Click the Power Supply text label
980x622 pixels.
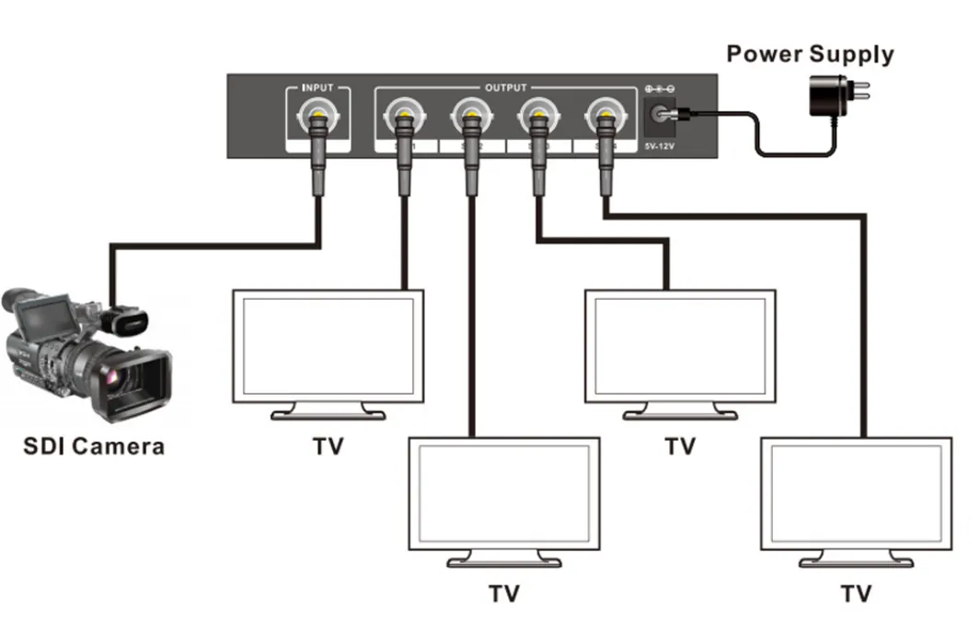click(x=810, y=53)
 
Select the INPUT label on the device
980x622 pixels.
click(x=318, y=87)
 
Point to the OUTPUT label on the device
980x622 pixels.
click(x=505, y=87)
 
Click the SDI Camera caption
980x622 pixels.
click(x=94, y=447)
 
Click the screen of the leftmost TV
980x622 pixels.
click(x=328, y=345)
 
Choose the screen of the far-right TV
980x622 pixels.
click(x=856, y=492)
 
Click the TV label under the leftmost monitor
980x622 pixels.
click(x=328, y=447)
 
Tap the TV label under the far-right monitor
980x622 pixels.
click(x=856, y=593)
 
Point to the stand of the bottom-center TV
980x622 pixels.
click(x=503, y=559)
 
